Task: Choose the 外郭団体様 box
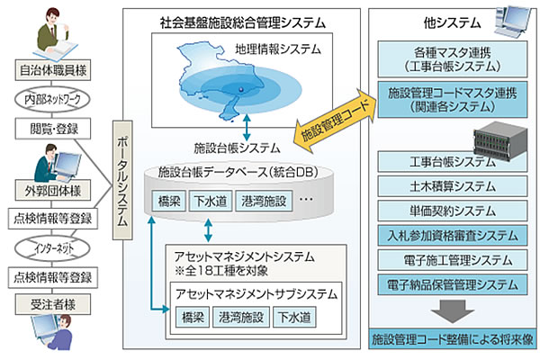point(46,189)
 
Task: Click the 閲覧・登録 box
point(46,127)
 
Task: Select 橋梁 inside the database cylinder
point(170,201)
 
